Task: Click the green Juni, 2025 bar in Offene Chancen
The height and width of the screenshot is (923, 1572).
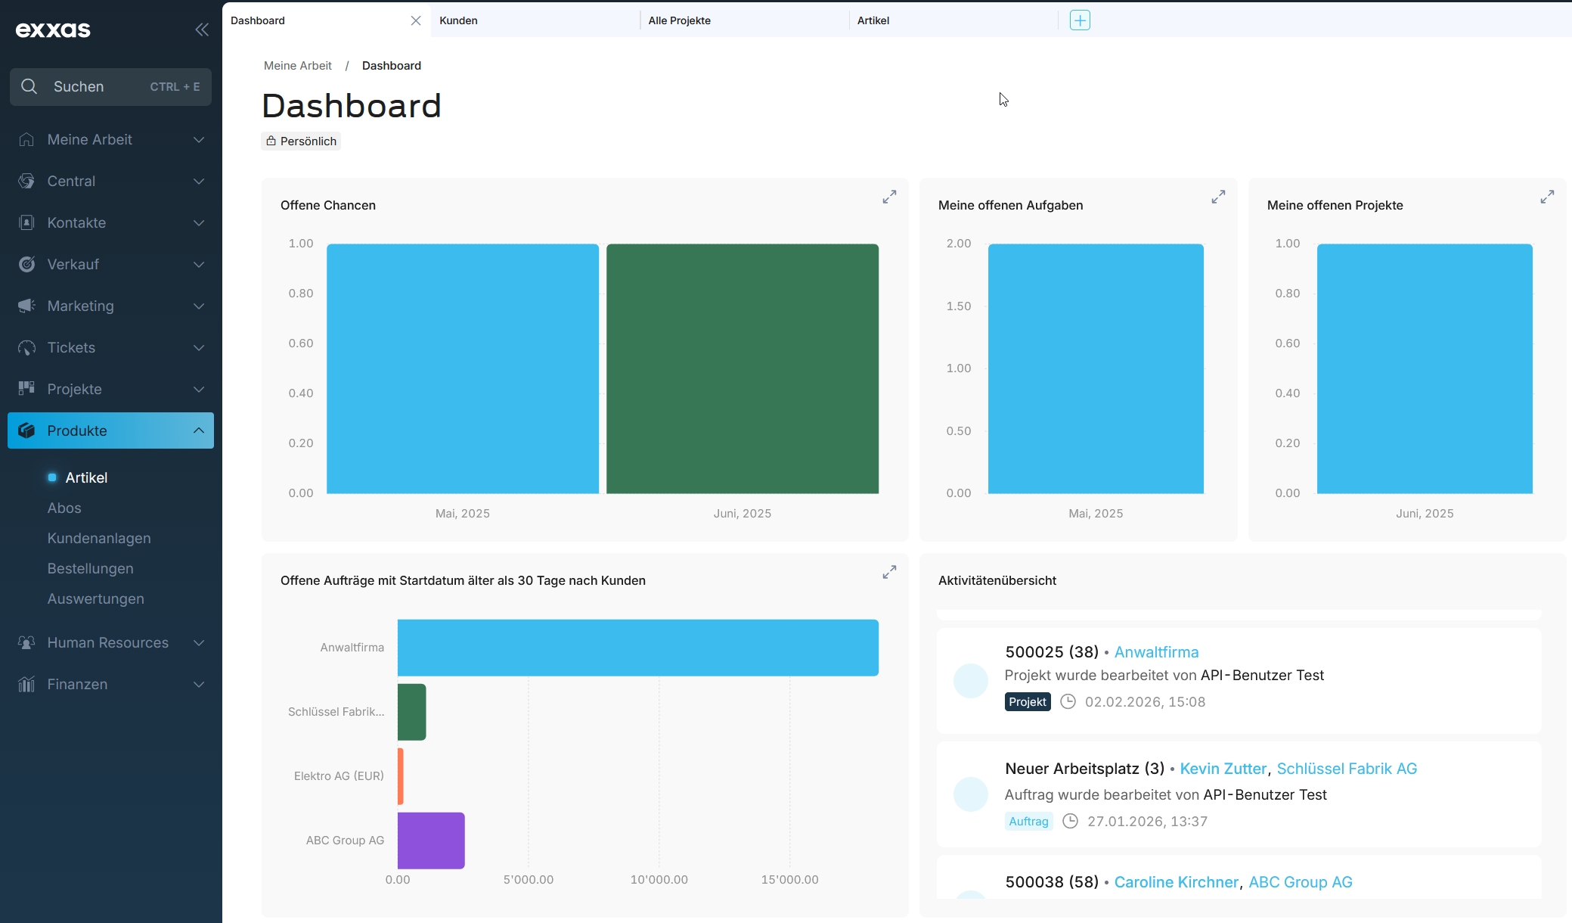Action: tap(742, 368)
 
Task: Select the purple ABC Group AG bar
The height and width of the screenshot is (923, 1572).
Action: tap(431, 841)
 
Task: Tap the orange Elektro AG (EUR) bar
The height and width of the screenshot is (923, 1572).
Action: tap(401, 776)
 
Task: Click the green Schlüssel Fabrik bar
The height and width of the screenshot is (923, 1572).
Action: tap(412, 712)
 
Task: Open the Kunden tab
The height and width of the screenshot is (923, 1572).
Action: tap(458, 20)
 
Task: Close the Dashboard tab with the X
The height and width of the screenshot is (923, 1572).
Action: tap(416, 20)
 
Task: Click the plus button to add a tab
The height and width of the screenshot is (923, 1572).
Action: tap(1080, 20)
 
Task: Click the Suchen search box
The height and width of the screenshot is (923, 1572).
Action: tap(110, 87)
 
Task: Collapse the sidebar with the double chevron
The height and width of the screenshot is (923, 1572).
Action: tap(202, 30)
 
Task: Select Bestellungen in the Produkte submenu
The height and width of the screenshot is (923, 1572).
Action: tap(90, 568)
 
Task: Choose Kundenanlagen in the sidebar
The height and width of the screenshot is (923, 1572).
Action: tap(99, 538)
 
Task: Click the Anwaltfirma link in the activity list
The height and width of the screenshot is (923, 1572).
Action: tap(1156, 652)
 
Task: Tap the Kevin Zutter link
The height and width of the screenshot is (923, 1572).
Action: tap(1223, 769)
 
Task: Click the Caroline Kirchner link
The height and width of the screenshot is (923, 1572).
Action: tap(1177, 882)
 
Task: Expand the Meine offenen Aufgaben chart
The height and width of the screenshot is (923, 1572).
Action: tap(1218, 197)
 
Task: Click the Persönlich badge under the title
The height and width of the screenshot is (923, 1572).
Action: tap(301, 141)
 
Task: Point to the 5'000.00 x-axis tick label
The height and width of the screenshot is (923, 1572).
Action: tap(529, 880)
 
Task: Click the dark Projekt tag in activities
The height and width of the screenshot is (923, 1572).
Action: tap(1028, 702)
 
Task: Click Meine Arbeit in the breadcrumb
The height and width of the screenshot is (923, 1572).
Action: tap(298, 66)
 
